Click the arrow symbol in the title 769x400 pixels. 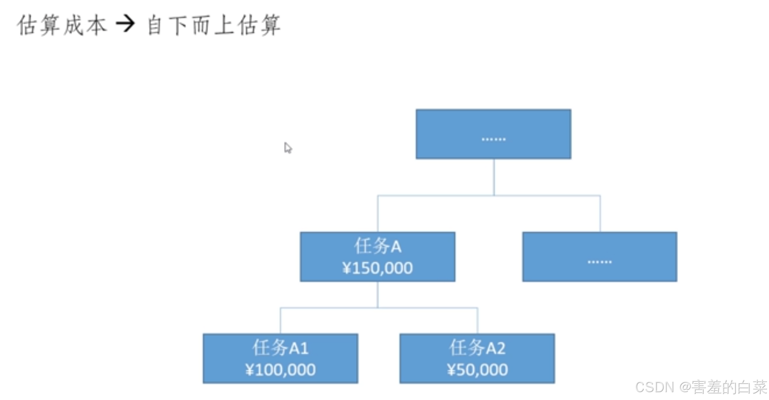126,24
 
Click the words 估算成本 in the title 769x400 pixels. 62,25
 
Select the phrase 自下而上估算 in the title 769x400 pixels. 214,25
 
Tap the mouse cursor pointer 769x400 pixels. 287,148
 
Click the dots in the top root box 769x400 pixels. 493,139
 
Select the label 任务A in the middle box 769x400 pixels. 377,246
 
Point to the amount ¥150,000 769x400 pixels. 377,268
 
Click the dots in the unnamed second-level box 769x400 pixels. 599,262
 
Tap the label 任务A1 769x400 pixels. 280,348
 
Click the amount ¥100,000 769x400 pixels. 280,370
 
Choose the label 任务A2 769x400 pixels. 477,348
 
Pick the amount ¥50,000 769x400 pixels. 477,370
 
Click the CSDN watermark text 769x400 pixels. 654,387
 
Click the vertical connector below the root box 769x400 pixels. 494,177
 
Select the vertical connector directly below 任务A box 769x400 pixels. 378,295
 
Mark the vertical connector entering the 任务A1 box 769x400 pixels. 280,321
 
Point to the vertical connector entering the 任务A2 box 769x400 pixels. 478,321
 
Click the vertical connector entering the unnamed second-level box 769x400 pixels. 600,214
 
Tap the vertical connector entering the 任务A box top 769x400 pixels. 378,214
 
